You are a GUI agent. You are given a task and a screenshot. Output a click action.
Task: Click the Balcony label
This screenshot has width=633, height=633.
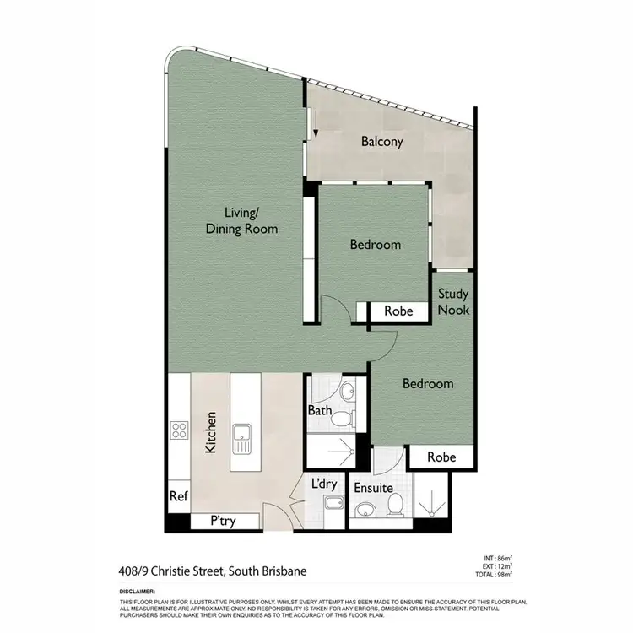381,142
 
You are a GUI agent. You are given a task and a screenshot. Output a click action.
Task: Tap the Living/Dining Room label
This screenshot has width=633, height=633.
241,220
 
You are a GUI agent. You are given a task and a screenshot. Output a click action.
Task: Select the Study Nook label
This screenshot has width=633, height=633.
453,302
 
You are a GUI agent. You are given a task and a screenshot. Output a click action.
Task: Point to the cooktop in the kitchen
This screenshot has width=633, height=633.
179,431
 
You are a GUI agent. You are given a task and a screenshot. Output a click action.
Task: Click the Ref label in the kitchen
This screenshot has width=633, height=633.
178,496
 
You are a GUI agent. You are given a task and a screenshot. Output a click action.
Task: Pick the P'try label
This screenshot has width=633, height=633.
223,522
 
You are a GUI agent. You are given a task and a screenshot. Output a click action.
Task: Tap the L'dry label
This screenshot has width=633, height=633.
324,484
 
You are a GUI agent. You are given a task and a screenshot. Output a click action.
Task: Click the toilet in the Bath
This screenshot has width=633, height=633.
341,419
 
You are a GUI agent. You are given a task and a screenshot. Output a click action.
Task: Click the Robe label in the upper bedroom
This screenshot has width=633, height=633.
398,311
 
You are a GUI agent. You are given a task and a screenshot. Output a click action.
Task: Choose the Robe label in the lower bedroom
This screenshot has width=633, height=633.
441,457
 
